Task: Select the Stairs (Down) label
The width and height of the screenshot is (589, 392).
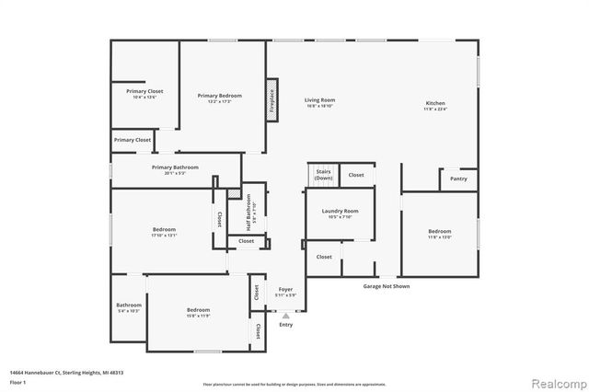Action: pos(323,174)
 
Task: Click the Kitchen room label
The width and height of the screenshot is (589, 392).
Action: pos(435,102)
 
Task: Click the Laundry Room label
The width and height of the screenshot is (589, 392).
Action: pos(340,211)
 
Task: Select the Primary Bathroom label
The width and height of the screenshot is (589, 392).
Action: pos(175,167)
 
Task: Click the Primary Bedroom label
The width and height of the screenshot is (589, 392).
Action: pos(219,96)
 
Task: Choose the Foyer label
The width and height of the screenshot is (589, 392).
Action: pos(285,290)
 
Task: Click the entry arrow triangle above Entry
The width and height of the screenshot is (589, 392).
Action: pos(285,315)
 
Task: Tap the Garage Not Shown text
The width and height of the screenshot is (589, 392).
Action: pos(385,286)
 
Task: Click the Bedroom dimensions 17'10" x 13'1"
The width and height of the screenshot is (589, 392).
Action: pos(164,236)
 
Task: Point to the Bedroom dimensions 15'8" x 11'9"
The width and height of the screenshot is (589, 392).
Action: pos(198,317)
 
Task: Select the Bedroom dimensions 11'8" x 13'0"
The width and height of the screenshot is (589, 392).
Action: pos(439,236)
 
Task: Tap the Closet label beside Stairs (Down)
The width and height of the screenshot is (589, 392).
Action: pos(355,174)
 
